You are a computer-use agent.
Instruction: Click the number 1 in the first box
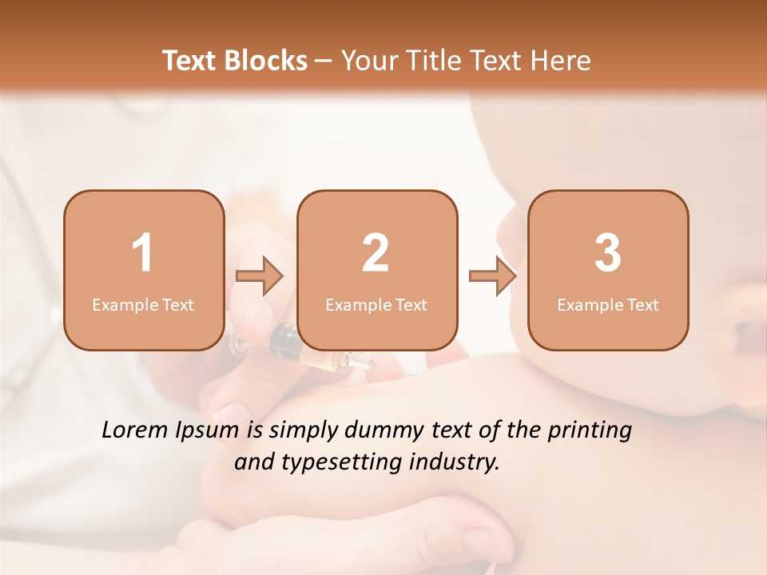pos(143,253)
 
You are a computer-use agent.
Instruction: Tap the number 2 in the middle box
pos(376,253)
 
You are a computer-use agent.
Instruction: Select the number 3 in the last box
pos(608,253)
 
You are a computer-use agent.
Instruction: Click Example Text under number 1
pos(143,305)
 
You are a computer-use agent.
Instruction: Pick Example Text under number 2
pos(376,305)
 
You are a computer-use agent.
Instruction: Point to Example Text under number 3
pos(608,305)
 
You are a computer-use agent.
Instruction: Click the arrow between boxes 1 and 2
pos(260,276)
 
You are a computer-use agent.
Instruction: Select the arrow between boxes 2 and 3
pos(493,276)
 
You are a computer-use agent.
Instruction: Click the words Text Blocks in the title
pos(235,61)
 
